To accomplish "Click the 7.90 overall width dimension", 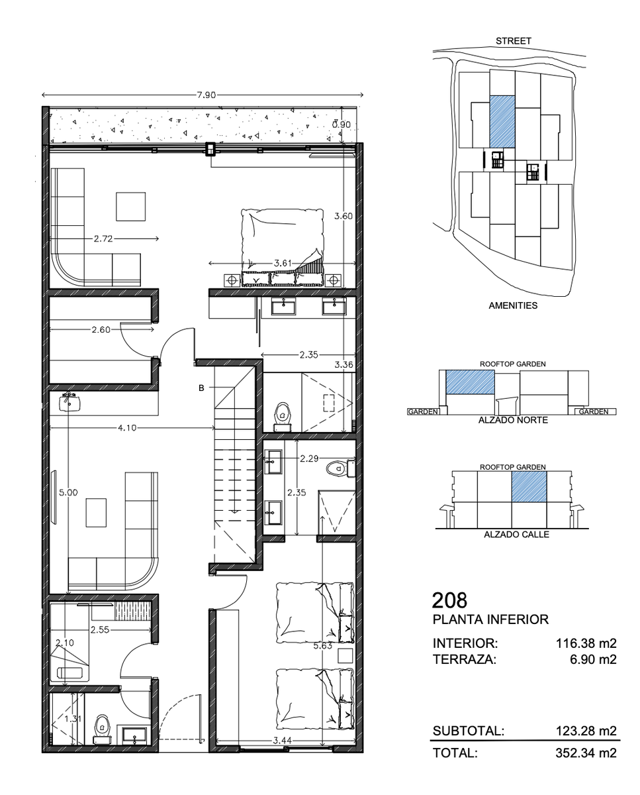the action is coord(206,95).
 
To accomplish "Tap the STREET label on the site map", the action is coord(513,41).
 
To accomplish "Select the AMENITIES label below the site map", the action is coord(513,305).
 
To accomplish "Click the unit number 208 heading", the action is coord(449,600).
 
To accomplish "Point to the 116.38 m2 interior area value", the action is coord(586,643).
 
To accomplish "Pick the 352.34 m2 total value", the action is coord(586,753).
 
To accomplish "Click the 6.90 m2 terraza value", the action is coord(594,659).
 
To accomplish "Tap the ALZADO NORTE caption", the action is coord(513,420).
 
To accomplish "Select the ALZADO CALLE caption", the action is coord(516,535).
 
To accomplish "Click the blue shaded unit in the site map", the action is coord(502,122).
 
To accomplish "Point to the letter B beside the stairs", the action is coord(201,388).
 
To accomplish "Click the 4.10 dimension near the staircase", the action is coord(127,428).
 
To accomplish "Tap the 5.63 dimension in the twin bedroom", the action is coord(323,646).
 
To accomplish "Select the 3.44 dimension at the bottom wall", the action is coord(283,740).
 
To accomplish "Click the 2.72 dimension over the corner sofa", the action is coord(103,238).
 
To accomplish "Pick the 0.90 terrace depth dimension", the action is coord(341,125).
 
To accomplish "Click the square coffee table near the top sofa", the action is coord(130,207).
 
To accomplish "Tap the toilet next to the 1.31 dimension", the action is coord(102,728).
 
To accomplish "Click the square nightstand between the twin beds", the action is coord(345,656).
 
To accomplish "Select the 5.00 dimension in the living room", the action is coord(69,492).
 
